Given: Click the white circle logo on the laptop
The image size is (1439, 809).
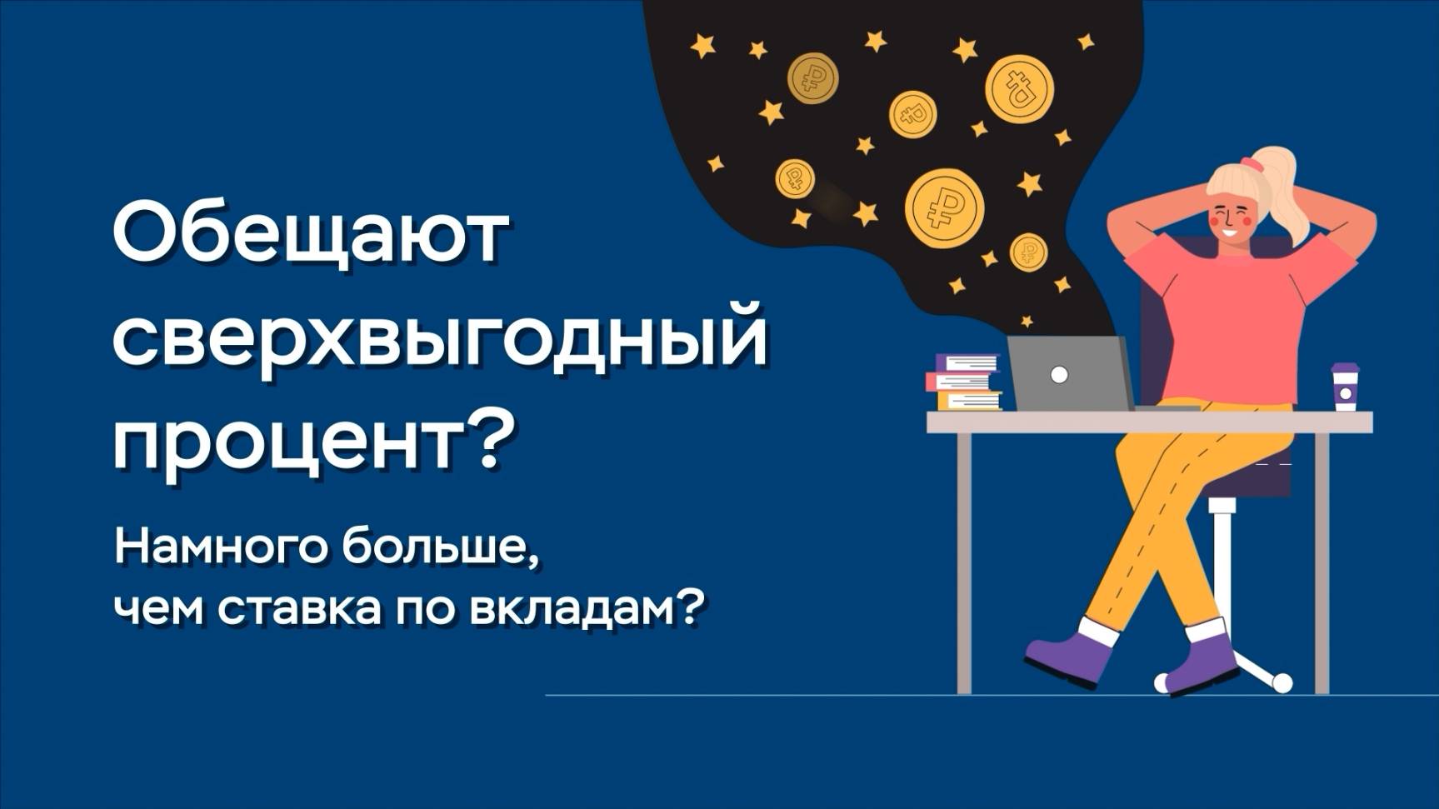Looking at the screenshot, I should pyautogui.click(x=1059, y=375).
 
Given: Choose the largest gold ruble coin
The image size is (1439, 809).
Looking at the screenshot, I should pyautogui.click(x=944, y=207).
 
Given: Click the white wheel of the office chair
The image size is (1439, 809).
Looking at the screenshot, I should pyautogui.click(x=1282, y=683).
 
